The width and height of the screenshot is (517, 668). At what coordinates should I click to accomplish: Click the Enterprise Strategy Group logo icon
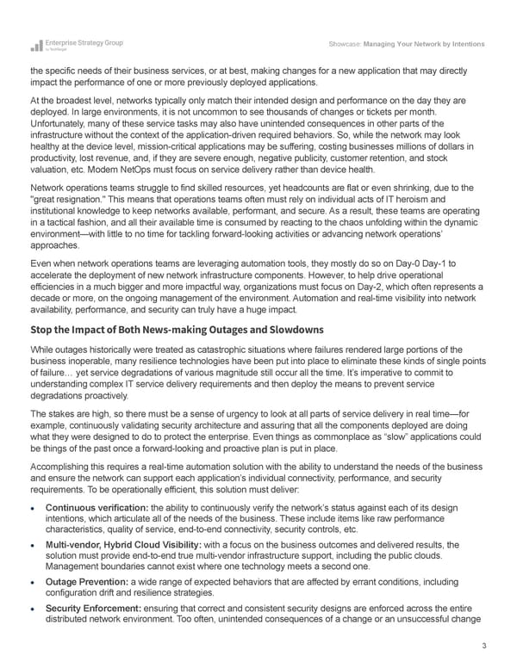[x=36, y=45]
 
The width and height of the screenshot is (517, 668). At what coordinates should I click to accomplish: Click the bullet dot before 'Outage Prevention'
[x=34, y=584]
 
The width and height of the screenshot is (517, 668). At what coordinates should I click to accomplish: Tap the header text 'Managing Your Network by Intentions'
[x=424, y=44]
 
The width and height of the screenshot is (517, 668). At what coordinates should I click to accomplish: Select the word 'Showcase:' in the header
[x=345, y=44]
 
